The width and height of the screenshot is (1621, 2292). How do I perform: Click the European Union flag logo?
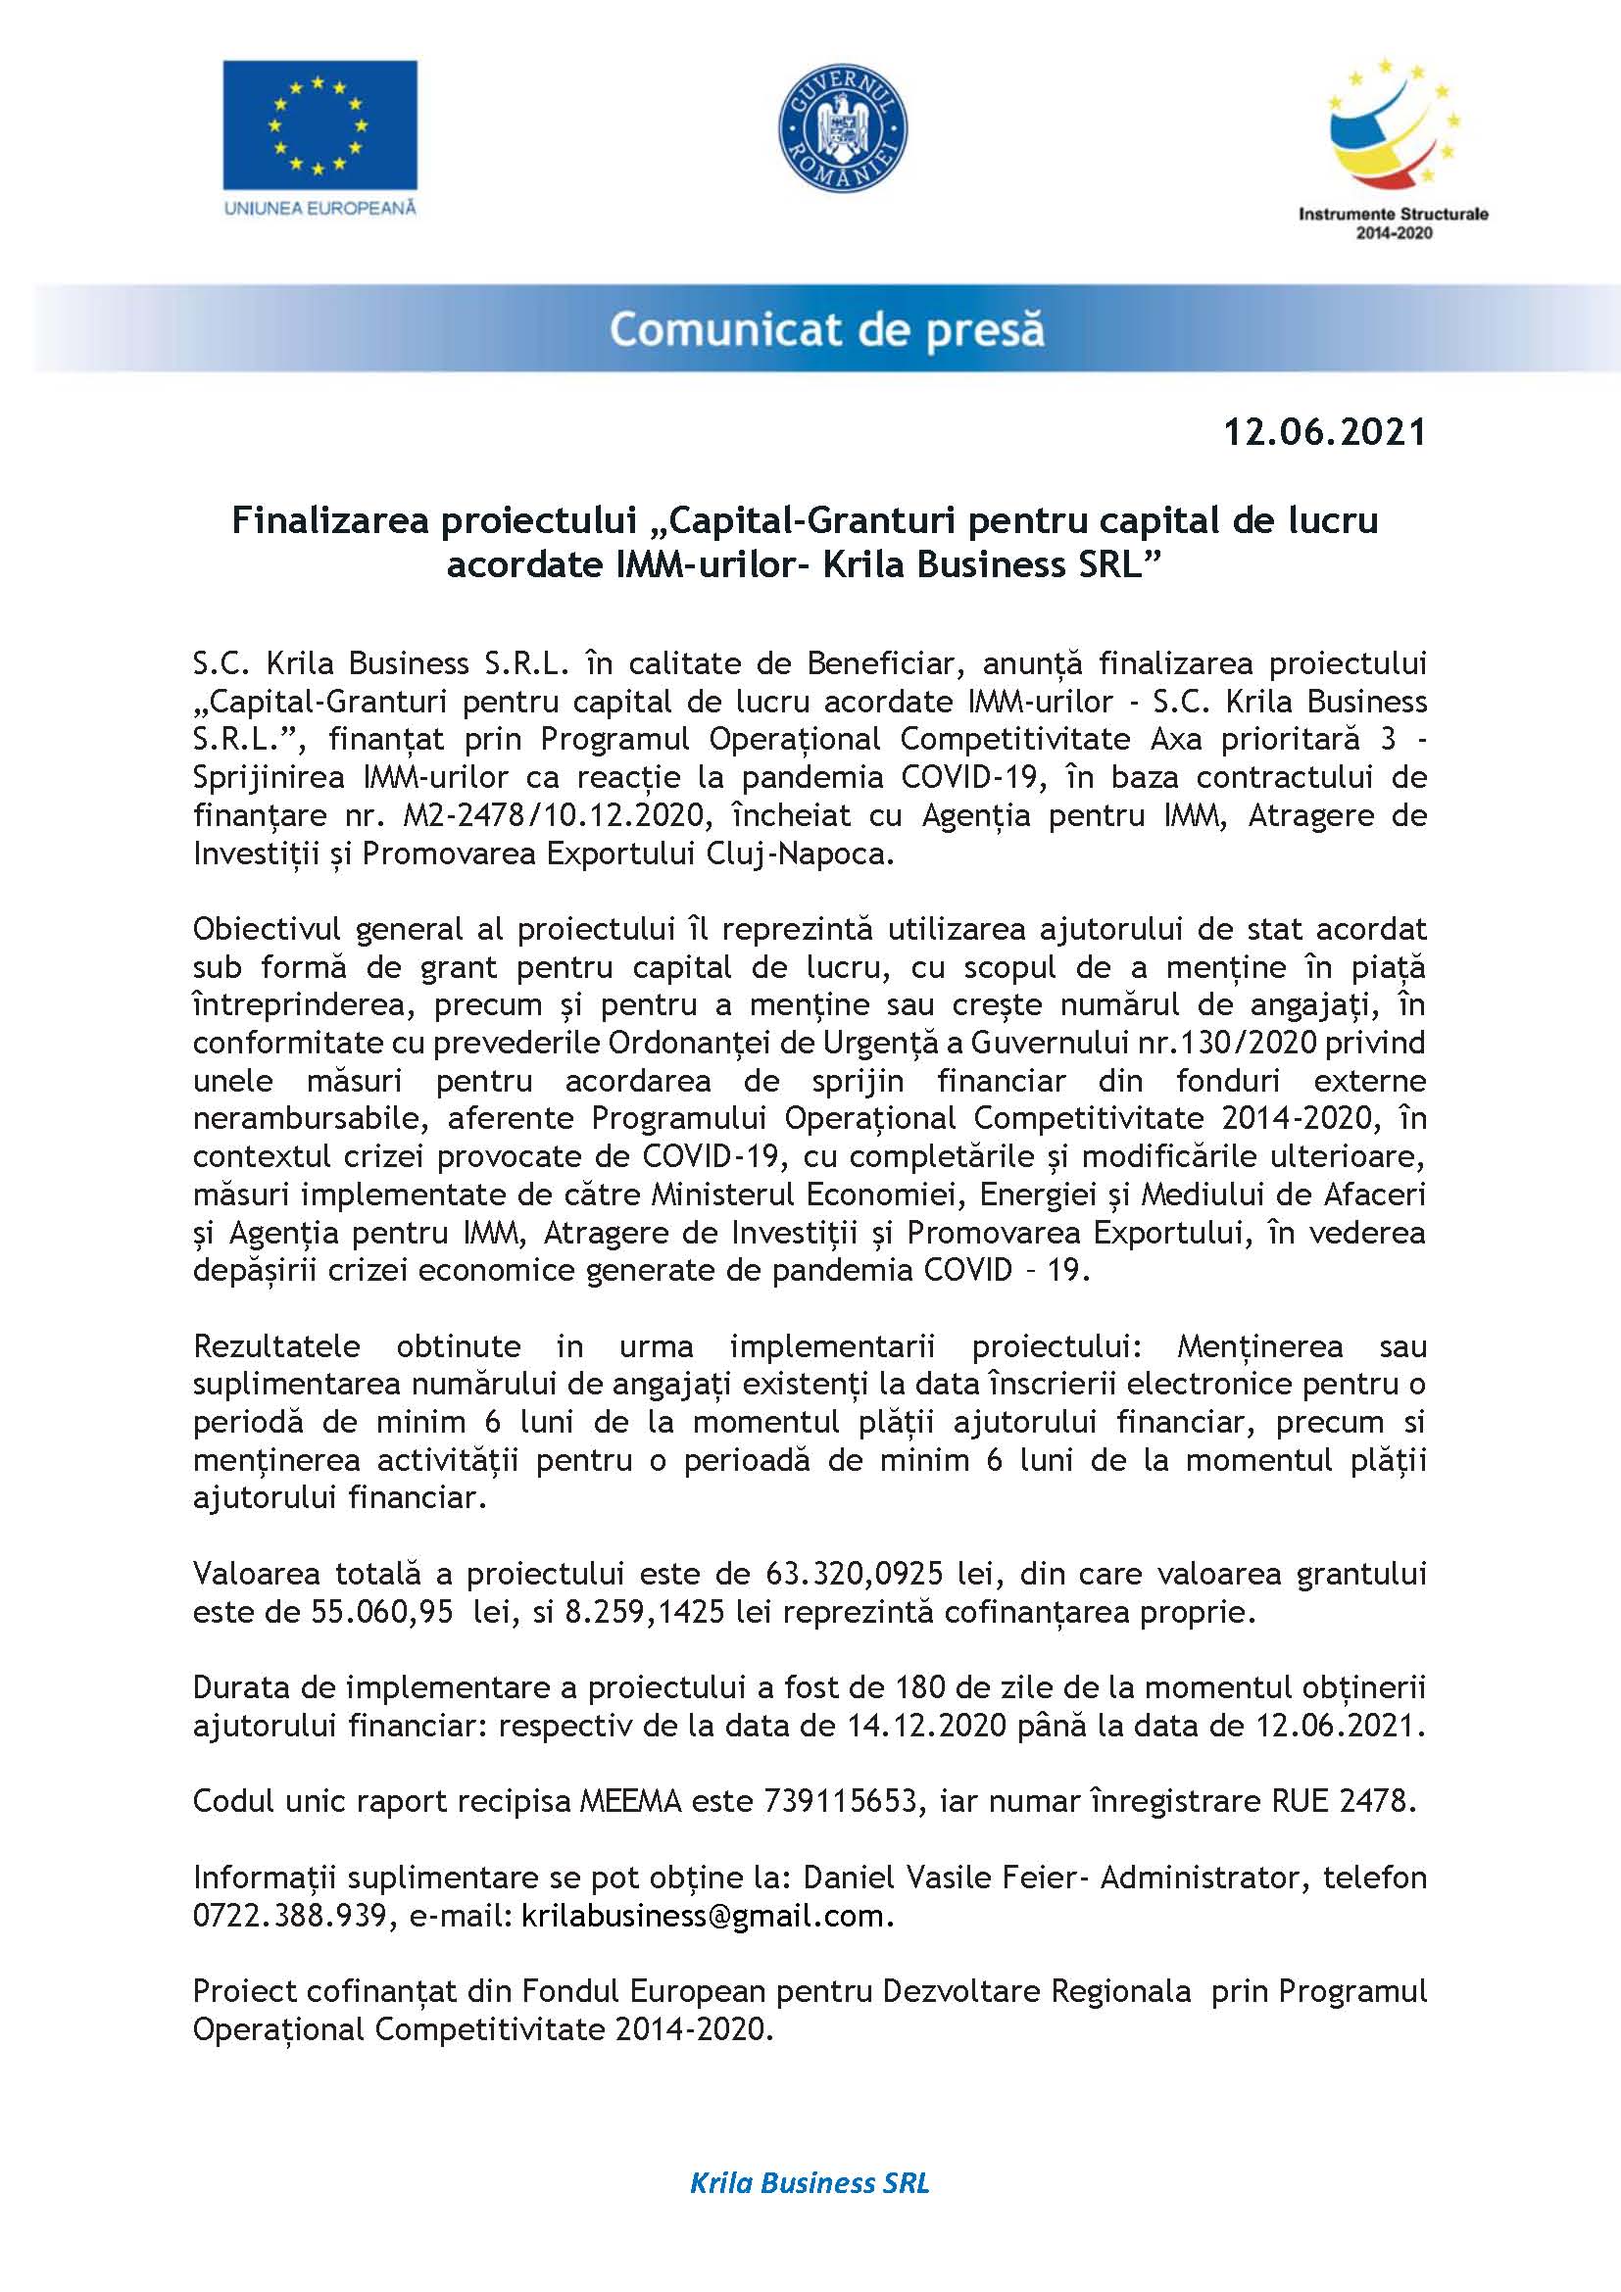319,124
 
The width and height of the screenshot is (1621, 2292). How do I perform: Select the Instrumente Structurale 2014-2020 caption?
1393,222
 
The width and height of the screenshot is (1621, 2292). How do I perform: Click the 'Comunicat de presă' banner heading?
826,329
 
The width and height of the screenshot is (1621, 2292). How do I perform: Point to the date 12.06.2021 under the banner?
1325,432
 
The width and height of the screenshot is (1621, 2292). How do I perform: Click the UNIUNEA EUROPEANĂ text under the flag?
319,209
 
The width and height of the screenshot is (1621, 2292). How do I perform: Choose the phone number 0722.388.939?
289,1916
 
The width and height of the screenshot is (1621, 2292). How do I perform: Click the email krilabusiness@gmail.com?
703,1916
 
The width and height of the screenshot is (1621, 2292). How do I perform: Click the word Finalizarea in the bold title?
329,520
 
